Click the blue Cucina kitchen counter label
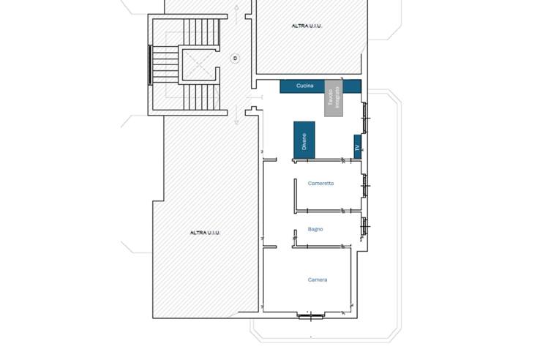(x=305, y=86)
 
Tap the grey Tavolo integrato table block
(x=334, y=98)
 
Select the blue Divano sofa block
(x=304, y=140)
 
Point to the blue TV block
(x=358, y=147)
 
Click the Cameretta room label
(x=321, y=183)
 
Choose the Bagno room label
(x=315, y=229)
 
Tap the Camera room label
(x=318, y=280)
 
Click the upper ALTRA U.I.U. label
(x=307, y=26)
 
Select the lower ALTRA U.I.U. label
(x=205, y=233)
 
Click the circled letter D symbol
(x=235, y=58)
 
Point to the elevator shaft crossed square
(x=197, y=64)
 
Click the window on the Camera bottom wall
(x=311, y=315)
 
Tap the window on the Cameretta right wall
(x=364, y=185)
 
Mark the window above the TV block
(x=364, y=118)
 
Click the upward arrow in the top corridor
(x=236, y=15)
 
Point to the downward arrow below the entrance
(x=236, y=115)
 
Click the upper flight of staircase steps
(x=201, y=32)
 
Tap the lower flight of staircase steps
(x=201, y=97)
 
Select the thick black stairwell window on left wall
(x=150, y=65)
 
